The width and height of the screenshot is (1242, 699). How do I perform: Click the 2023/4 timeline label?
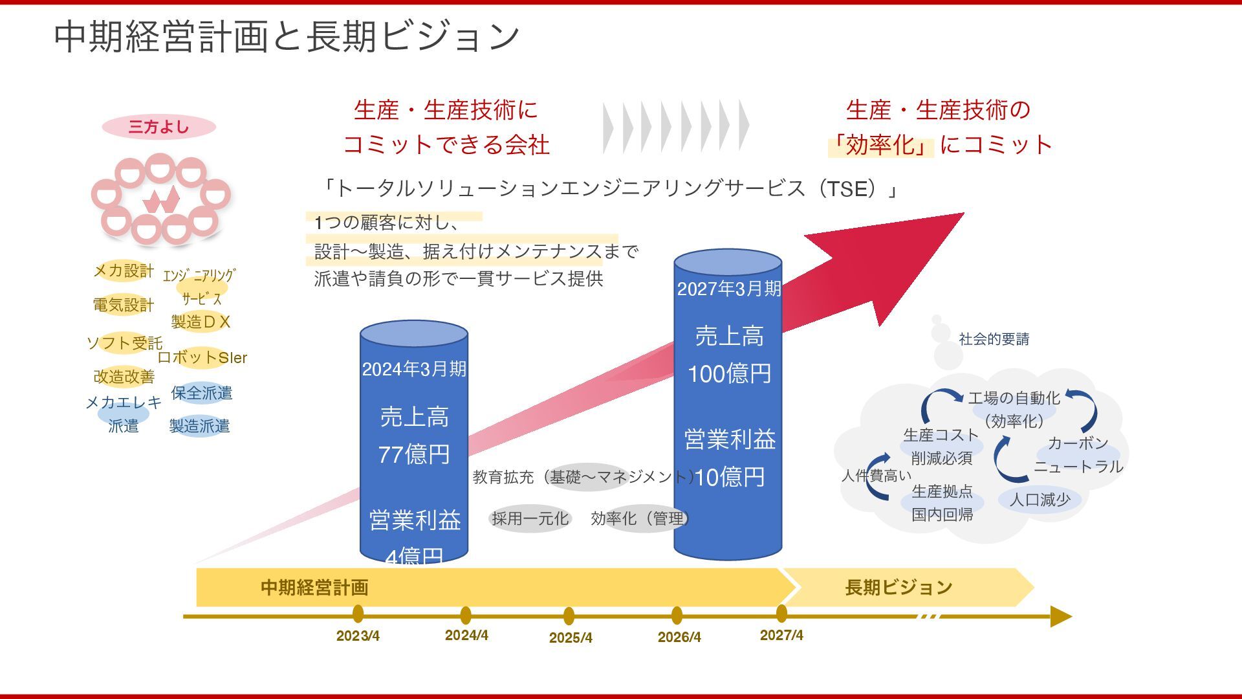tap(358, 636)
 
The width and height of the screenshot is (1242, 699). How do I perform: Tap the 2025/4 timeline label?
tap(571, 638)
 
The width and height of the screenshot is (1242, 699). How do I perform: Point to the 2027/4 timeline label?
tap(781, 635)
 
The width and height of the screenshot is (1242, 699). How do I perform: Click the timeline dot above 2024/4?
tap(466, 615)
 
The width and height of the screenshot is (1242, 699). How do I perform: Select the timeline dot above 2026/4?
tap(677, 615)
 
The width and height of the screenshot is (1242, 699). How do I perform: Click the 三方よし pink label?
tap(158, 127)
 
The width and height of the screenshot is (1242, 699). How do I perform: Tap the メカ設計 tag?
tap(124, 271)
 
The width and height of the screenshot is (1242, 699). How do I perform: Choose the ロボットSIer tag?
tap(202, 357)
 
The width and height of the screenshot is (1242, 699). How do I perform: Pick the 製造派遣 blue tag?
tap(199, 426)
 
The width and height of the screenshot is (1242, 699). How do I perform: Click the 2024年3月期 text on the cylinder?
tap(414, 369)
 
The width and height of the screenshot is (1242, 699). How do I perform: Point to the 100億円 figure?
tap(729, 373)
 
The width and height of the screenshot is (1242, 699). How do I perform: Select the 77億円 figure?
tap(414, 454)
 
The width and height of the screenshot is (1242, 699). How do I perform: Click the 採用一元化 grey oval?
tap(530, 518)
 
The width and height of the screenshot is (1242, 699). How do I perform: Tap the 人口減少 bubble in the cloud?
tap(1040, 500)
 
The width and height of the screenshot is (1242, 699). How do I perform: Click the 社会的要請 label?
tap(994, 339)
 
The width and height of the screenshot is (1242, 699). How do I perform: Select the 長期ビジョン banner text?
tap(899, 587)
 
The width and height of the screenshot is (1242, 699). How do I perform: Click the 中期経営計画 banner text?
tap(314, 587)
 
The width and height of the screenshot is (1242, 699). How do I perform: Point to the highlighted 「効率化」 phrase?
tap(881, 145)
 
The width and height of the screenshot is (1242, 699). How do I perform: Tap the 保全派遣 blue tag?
tap(201, 393)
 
